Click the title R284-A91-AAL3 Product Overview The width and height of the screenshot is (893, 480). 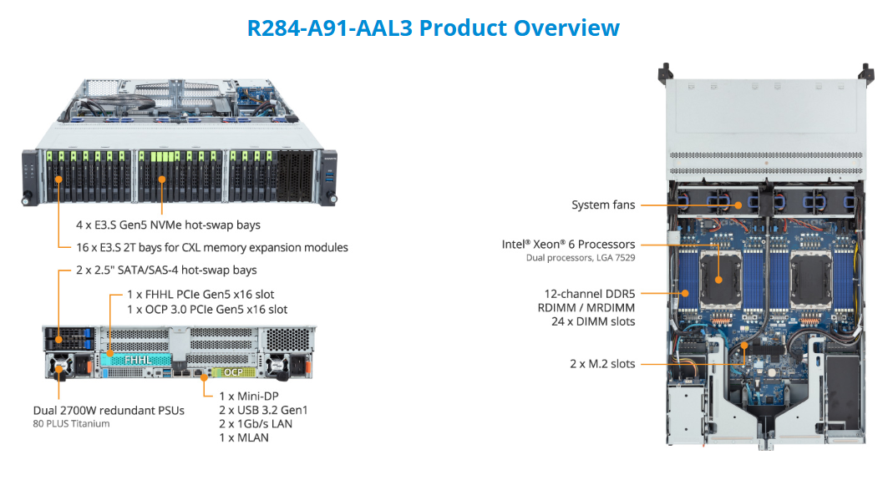coord(433,28)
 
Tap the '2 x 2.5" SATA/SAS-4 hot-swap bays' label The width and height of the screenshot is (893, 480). coord(166,270)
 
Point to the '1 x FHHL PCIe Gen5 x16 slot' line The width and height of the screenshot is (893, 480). coord(200,294)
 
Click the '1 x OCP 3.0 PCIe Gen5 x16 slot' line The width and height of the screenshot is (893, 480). coord(207,309)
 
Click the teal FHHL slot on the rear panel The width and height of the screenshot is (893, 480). coord(134,359)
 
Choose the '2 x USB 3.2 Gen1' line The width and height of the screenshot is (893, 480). coord(263,410)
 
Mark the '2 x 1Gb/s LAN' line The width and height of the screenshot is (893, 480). coord(256,423)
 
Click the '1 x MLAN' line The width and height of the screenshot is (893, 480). coord(244,437)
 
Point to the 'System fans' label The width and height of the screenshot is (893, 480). coord(603,205)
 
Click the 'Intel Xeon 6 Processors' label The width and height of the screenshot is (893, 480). coord(568,245)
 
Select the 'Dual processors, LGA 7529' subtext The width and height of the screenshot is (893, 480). coord(581,259)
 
